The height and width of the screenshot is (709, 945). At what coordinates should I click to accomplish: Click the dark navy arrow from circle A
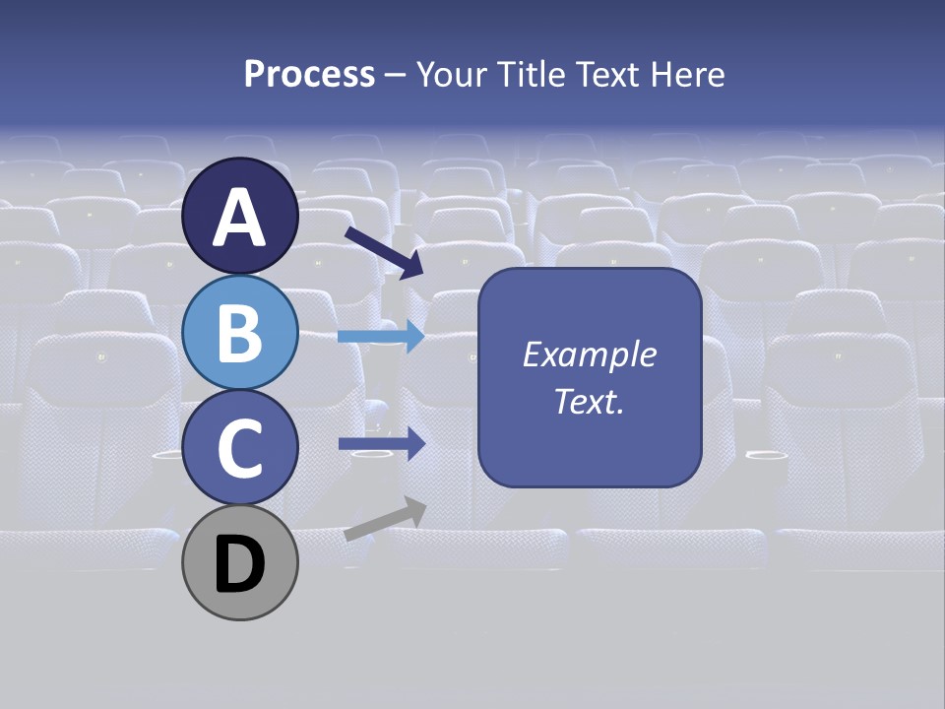[383, 251]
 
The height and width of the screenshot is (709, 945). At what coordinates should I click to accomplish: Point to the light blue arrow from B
[381, 336]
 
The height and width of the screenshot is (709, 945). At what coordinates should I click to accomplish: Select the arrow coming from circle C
[381, 444]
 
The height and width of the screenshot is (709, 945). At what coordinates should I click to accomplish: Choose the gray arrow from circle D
[385, 519]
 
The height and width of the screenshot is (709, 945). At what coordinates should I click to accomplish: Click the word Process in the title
[309, 75]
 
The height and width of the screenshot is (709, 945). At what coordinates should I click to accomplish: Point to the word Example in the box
[590, 354]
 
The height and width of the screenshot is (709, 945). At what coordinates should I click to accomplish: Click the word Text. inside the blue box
[590, 401]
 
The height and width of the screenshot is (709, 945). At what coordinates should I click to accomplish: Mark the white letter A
[240, 219]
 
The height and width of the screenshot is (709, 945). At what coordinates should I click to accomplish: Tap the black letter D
[240, 565]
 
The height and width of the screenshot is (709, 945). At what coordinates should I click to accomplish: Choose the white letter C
[240, 449]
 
